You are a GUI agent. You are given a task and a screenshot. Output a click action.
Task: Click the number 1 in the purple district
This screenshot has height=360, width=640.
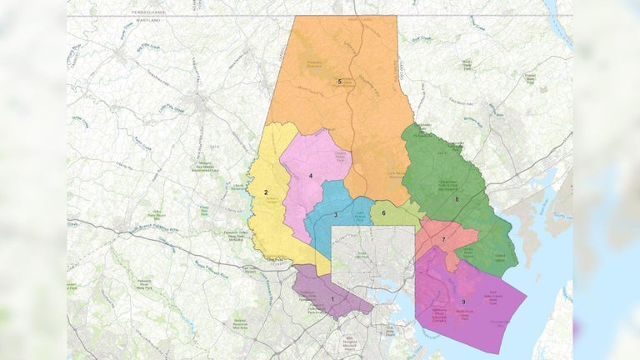coord(332,298)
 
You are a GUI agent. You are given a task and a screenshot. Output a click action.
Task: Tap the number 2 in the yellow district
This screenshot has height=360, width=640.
coord(267,192)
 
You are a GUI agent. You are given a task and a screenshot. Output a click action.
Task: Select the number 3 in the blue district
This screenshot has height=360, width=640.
coord(335,215)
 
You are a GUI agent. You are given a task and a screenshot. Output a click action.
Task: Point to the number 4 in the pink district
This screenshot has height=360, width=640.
coord(310,176)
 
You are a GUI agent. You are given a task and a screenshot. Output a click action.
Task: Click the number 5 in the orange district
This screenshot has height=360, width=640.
coord(340,81)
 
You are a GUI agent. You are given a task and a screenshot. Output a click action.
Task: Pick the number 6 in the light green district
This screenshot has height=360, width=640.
coord(383,212)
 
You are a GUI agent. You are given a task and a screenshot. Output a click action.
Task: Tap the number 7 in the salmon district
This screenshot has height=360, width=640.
coord(443,240)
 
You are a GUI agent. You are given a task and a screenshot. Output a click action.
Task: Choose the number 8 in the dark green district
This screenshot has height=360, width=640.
coord(457,200)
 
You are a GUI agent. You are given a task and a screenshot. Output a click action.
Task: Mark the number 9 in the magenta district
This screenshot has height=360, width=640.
coord(462,301)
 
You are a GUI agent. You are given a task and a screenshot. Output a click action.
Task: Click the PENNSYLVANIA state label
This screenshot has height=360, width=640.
coord(156,12)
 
